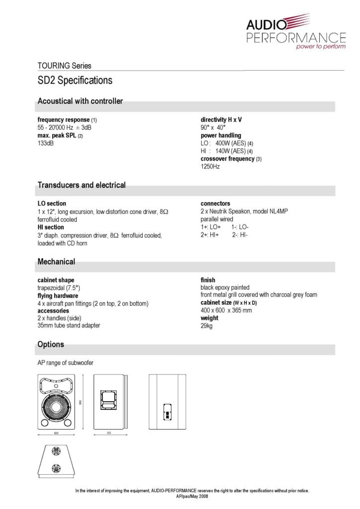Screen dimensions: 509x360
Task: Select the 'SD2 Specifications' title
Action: click(75, 81)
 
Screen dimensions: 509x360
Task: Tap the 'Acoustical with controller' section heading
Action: click(80, 101)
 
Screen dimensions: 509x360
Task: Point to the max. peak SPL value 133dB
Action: click(46, 143)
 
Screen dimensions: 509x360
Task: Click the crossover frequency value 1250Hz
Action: click(210, 167)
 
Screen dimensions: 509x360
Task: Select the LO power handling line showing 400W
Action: click(227, 143)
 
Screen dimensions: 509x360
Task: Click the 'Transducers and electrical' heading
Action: click(82, 185)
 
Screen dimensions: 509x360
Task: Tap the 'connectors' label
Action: click(215, 204)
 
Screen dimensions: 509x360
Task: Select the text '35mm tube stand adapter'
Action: click(69, 326)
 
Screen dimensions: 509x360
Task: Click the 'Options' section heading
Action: click(51, 344)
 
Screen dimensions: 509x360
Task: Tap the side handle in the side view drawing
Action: click(109, 398)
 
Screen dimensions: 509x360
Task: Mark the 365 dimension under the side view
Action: click(109, 433)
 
